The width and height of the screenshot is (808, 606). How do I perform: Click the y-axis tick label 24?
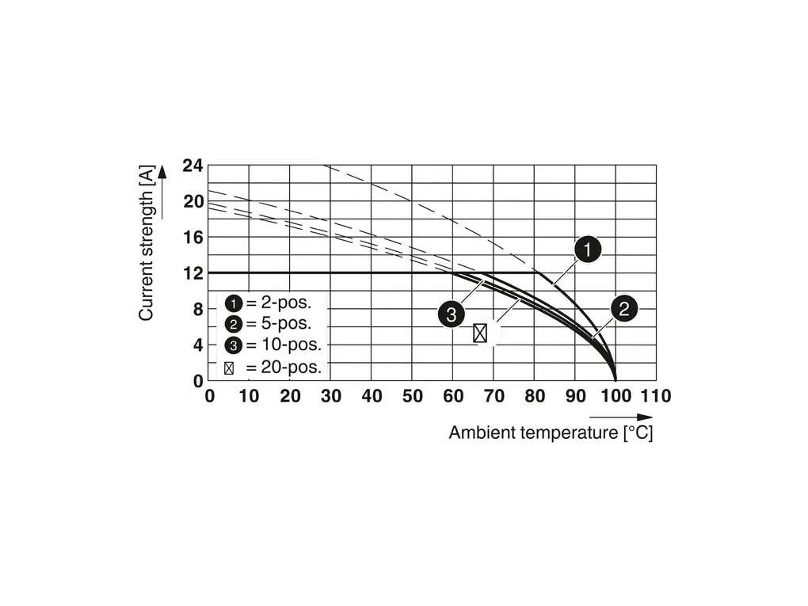click(192, 166)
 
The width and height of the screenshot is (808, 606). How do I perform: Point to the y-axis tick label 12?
click(192, 273)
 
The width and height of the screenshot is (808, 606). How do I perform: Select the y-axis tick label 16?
click(192, 238)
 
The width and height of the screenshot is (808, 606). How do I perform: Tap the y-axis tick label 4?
click(198, 345)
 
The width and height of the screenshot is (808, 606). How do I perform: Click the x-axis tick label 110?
click(656, 396)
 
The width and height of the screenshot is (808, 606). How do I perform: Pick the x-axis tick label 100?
click(616, 396)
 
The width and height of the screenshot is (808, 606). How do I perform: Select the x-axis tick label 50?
click(412, 396)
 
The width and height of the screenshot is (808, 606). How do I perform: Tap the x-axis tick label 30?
click(330, 396)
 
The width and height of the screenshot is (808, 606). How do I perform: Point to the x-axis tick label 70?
click(494, 396)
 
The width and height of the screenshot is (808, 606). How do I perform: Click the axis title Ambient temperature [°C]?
click(551, 433)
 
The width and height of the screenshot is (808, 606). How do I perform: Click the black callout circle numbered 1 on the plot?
click(587, 251)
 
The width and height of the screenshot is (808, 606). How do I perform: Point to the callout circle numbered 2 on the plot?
click(624, 309)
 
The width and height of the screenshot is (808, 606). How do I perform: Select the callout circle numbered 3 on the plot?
click(451, 314)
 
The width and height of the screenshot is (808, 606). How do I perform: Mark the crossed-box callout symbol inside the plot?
click(480, 333)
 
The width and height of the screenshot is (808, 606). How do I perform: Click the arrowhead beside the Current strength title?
click(162, 173)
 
